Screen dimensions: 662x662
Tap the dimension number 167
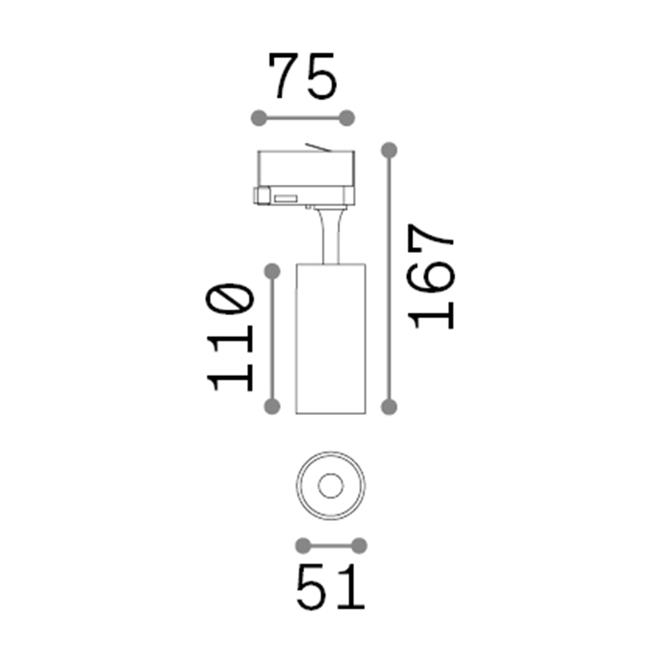(x=432, y=277)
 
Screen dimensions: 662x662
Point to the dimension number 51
(x=330, y=587)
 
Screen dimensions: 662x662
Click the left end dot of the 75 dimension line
(x=260, y=118)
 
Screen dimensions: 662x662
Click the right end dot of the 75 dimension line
(x=348, y=118)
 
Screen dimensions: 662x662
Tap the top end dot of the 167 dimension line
(x=389, y=150)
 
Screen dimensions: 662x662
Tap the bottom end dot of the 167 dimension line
(x=389, y=406)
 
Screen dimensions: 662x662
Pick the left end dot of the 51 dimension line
(x=303, y=545)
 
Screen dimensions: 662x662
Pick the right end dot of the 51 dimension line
(x=359, y=545)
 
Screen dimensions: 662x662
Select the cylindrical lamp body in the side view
(x=329, y=338)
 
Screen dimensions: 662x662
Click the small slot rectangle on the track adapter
(x=285, y=198)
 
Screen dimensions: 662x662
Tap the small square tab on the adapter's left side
(x=262, y=196)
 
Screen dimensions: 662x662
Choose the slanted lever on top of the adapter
(x=316, y=147)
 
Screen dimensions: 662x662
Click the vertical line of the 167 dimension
(x=389, y=278)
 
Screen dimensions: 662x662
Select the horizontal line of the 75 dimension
(x=303, y=118)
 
